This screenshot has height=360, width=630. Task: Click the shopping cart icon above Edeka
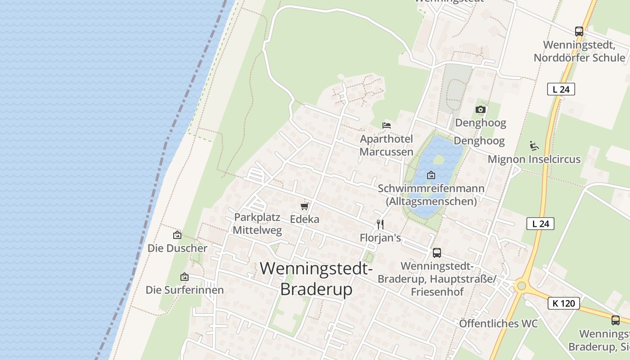(305, 206)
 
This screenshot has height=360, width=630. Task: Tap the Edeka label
(305, 219)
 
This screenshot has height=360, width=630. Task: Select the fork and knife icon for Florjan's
(380, 224)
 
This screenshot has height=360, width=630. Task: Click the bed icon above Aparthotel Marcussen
(386, 126)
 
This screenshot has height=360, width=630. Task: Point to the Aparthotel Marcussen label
(386, 145)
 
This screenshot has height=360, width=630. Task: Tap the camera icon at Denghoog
(481, 109)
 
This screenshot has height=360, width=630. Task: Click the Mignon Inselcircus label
(534, 159)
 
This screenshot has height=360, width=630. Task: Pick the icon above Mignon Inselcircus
(534, 146)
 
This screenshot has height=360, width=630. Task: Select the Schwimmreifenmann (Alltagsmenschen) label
(431, 194)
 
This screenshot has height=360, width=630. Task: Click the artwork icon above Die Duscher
(177, 235)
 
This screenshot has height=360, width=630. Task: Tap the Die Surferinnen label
(184, 290)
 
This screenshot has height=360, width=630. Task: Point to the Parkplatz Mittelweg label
(257, 224)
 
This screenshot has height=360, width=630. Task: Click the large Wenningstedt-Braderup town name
(316, 279)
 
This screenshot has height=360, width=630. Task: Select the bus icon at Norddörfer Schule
(579, 31)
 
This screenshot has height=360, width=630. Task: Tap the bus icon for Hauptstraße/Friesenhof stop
(436, 253)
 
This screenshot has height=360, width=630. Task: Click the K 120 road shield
(563, 303)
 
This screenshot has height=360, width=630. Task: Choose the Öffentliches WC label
(498, 324)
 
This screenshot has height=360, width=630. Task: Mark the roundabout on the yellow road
(522, 285)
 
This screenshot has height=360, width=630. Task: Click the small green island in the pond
(438, 159)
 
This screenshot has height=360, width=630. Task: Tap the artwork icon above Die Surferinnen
(184, 277)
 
